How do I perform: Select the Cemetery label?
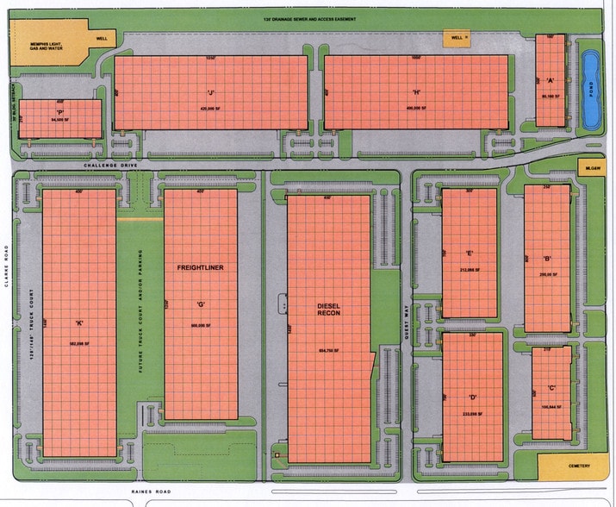pos(579,466)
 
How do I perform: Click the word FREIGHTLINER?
pos(200,268)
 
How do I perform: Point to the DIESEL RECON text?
pos(331,310)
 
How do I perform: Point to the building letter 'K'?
pos(78,323)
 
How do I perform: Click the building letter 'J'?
pos(209,92)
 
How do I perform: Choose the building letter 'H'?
pos(416,92)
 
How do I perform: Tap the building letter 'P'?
pos(60,112)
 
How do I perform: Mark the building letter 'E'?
pos(470,253)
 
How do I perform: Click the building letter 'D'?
pos(473,397)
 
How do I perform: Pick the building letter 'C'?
pos(551,387)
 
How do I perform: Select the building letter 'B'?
pos(547,258)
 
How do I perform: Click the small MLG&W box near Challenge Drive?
pos(591,169)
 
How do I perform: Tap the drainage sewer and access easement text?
pos(309,18)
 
